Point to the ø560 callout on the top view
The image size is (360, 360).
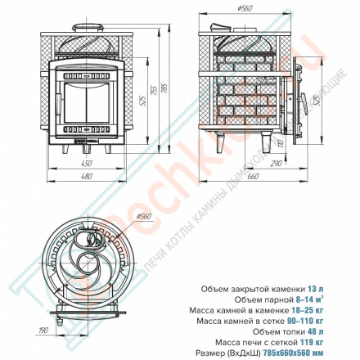(144, 217)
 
